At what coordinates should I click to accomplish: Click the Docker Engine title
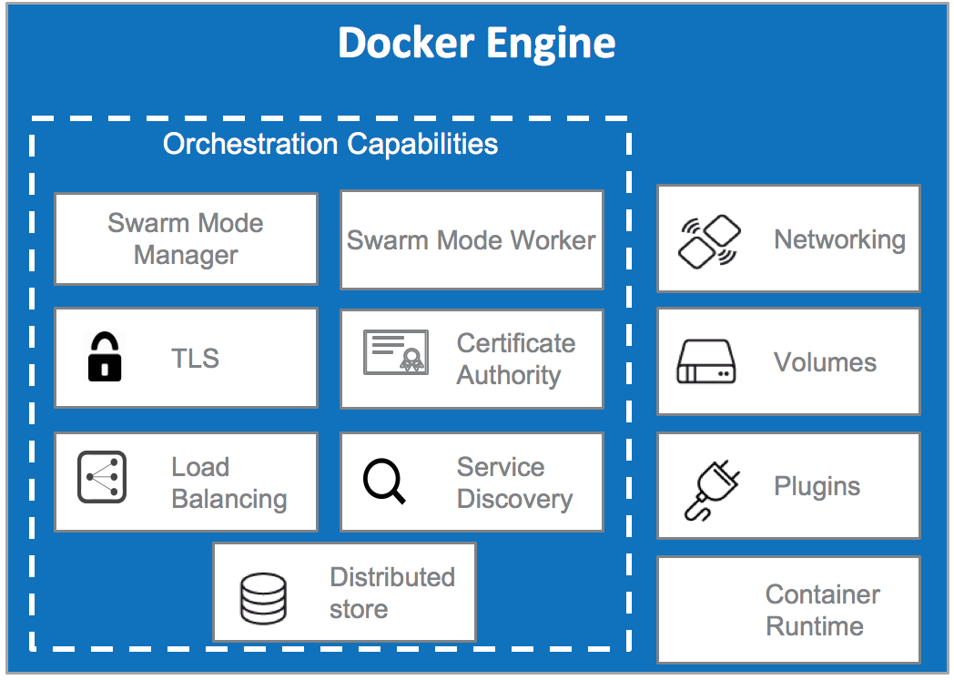476,43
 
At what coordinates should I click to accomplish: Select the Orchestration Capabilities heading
330,144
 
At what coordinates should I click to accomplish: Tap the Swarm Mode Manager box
186,239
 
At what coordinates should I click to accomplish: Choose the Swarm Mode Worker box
471,239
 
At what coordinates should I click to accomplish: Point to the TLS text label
195,359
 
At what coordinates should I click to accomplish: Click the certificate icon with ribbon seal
395,352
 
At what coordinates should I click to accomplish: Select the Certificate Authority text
515,359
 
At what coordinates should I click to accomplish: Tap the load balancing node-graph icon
102,477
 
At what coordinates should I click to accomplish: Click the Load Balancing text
228,482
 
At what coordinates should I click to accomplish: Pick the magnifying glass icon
384,480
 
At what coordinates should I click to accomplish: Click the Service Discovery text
513,482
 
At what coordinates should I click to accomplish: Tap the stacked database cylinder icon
263,597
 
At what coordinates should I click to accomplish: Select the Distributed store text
391,593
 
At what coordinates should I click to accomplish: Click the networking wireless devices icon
708,240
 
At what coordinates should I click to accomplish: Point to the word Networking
839,239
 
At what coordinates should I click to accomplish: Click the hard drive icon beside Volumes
705,362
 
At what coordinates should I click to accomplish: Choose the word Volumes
825,362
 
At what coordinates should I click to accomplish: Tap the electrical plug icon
710,488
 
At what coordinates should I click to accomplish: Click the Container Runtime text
821,610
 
